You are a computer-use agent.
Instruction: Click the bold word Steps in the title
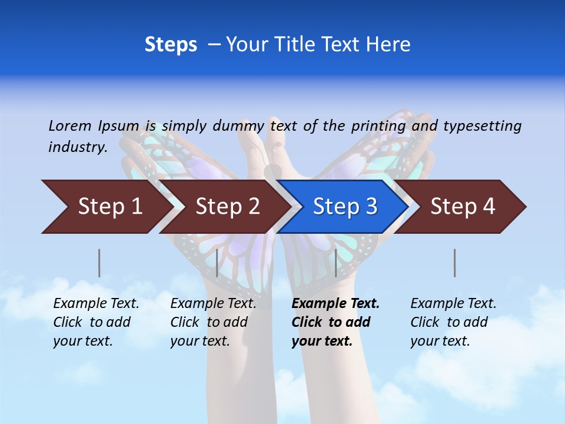tap(171, 45)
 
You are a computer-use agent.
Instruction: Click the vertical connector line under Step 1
tap(99, 263)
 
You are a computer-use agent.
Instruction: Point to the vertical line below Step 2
tap(217, 263)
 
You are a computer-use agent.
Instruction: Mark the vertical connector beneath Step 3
tap(335, 263)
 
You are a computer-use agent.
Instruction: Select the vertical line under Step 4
tap(454, 263)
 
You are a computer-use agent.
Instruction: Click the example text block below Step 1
tap(96, 322)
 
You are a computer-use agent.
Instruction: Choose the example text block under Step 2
tap(213, 322)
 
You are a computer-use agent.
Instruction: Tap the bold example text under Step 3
tap(335, 322)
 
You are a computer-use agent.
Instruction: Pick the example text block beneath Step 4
tap(453, 322)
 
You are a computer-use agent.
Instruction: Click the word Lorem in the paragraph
tap(70, 125)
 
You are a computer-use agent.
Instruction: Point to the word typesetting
tap(482, 126)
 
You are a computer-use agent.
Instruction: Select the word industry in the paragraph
tap(78, 147)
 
